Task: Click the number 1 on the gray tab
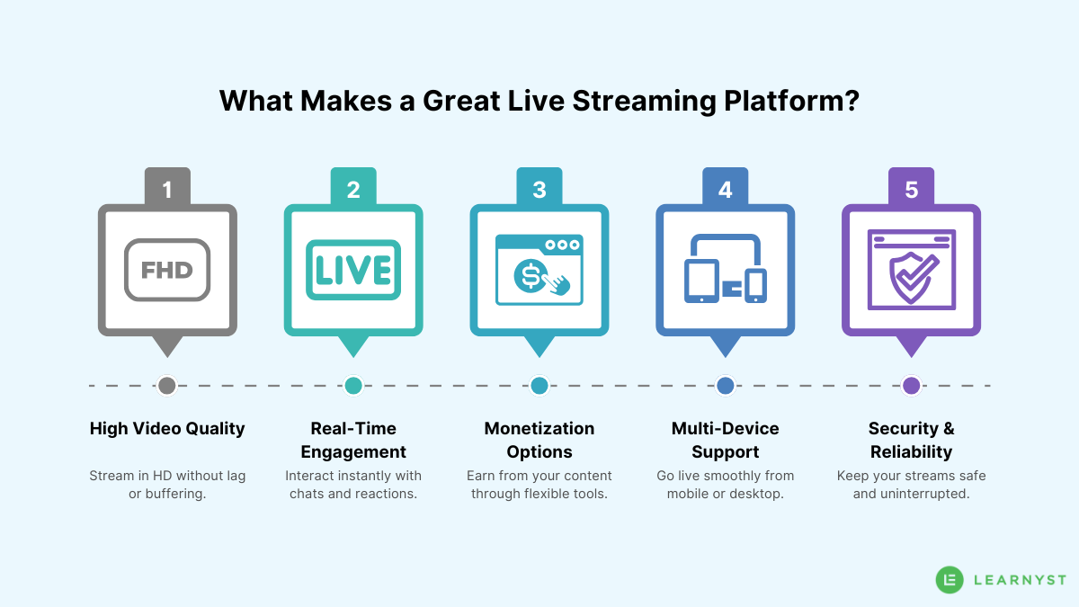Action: click(x=167, y=190)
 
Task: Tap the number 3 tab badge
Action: click(x=539, y=190)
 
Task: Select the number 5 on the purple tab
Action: click(x=911, y=190)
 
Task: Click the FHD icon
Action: click(x=167, y=270)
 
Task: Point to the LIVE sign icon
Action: click(x=353, y=270)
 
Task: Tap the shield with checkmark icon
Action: click(x=910, y=276)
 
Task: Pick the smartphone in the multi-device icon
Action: click(x=756, y=284)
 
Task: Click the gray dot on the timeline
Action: click(x=167, y=386)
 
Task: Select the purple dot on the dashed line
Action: click(x=911, y=386)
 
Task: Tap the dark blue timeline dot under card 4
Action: click(x=726, y=386)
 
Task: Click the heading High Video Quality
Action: click(x=167, y=429)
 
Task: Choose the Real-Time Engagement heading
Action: click(x=353, y=440)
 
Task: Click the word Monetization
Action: click(x=539, y=429)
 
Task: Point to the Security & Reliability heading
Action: click(x=911, y=440)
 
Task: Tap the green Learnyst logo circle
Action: click(x=950, y=580)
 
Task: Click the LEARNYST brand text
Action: click(x=1020, y=581)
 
